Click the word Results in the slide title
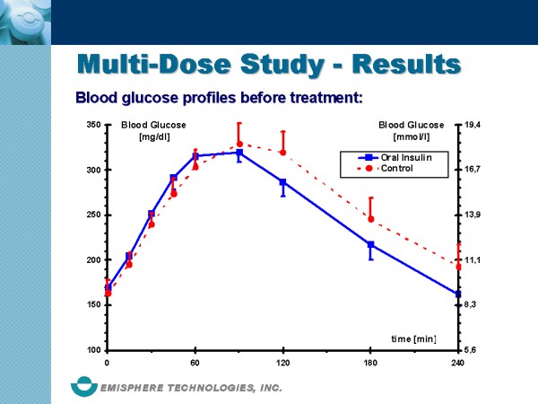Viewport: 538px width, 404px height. coord(405,64)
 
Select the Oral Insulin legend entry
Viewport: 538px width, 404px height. coord(405,157)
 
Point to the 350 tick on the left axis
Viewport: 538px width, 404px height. coord(93,125)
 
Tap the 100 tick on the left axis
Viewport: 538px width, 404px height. coord(93,350)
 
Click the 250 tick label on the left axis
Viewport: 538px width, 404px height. coord(93,215)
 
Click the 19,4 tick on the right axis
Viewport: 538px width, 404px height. coord(474,125)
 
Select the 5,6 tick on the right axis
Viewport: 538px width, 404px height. coord(472,350)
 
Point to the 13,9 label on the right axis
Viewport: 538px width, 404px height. coord(474,215)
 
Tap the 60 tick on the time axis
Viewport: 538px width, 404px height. coord(195,363)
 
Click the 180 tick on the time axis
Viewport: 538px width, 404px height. coord(370,363)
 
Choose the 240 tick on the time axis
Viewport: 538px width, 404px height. coord(457,363)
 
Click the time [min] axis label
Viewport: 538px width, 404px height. coord(413,338)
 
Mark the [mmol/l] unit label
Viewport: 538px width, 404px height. coord(412,136)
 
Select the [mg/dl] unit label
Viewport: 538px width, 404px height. coord(154,136)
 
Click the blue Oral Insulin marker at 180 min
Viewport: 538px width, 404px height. coord(370,244)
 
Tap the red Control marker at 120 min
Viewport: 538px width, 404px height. coord(282,152)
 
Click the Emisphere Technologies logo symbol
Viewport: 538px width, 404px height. coord(86,387)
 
